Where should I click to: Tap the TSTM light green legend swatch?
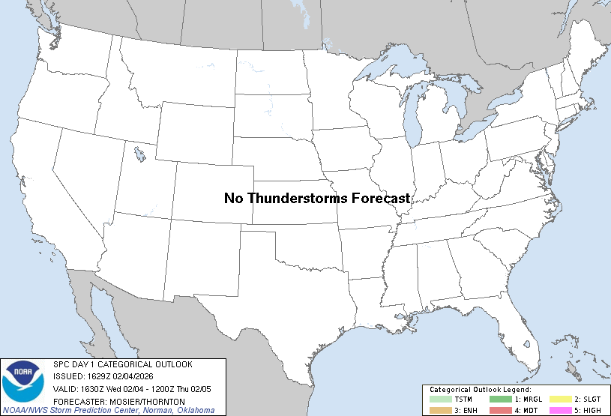click(x=441, y=400)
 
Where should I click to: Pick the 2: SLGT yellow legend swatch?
click(x=560, y=400)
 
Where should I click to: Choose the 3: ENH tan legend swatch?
click(x=441, y=410)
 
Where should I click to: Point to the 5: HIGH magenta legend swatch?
click(x=560, y=410)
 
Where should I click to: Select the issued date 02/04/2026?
click(x=142, y=377)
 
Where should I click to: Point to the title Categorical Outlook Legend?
click(x=481, y=390)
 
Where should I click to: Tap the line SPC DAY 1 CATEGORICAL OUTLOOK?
click(x=123, y=364)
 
